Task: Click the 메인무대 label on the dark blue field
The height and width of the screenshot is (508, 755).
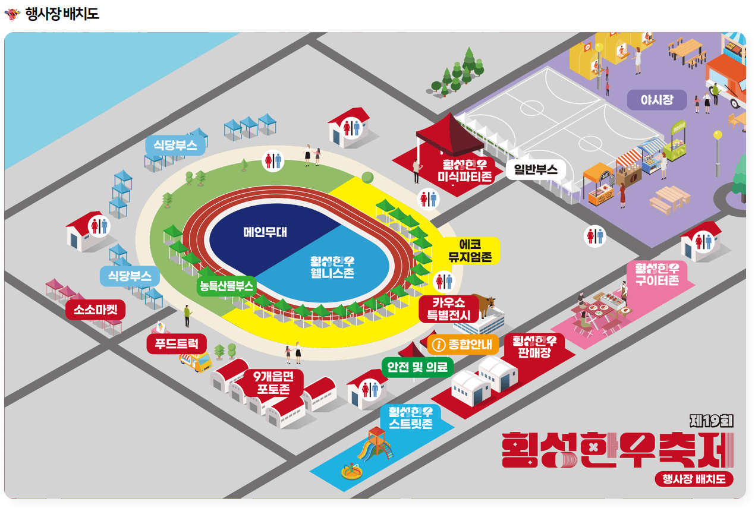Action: coord(265,232)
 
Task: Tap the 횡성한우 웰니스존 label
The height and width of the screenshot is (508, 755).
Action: coord(332,267)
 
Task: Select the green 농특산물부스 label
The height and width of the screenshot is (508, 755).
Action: coord(227,285)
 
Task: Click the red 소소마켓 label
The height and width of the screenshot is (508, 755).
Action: coord(96,310)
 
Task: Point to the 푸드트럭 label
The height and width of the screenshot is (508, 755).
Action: coord(177,343)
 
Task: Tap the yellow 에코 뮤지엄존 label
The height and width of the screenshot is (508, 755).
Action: coord(470,251)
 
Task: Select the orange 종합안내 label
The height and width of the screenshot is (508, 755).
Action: coord(463,344)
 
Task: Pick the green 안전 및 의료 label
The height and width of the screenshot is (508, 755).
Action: coord(417,367)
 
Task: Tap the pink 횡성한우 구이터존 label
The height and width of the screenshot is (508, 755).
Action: coord(657,274)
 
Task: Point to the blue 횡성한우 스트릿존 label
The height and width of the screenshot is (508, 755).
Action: coord(411,418)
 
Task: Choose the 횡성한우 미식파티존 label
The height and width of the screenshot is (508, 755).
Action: coord(465,170)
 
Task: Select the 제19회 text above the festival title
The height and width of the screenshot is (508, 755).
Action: coord(711,421)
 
